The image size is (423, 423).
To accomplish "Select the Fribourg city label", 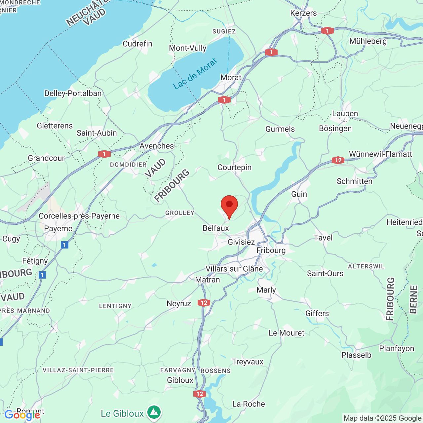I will (271, 250).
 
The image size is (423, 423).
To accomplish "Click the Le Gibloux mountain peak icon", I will (154, 412).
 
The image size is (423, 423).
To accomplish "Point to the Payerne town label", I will (58, 229).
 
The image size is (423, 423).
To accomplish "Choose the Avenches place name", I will (157, 146).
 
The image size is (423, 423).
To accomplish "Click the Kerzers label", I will (303, 13).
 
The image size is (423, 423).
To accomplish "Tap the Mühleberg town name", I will (368, 41).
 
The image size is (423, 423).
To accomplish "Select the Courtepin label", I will (234, 168).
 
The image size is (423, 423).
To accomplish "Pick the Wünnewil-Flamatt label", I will (380, 154).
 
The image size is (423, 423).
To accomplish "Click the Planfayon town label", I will (396, 349).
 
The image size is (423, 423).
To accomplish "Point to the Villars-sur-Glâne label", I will (234, 269).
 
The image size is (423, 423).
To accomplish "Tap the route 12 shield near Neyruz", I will (204, 303).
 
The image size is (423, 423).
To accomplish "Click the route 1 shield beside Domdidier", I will (104, 154).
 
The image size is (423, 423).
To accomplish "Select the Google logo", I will (22, 415).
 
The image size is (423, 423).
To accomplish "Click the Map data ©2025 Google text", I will (382, 418).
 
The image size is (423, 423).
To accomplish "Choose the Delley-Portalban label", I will (73, 94).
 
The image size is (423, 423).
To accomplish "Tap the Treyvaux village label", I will (248, 362).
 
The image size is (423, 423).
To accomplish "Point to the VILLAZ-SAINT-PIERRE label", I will (78, 370).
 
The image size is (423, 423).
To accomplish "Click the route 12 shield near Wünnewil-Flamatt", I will (338, 160).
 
